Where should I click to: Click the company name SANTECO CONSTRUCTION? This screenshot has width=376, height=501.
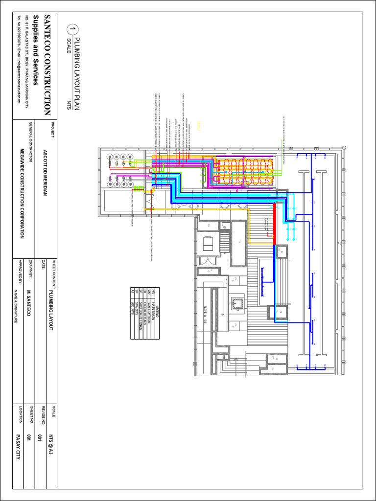(47, 65)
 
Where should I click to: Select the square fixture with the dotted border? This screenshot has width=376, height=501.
(238, 303)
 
